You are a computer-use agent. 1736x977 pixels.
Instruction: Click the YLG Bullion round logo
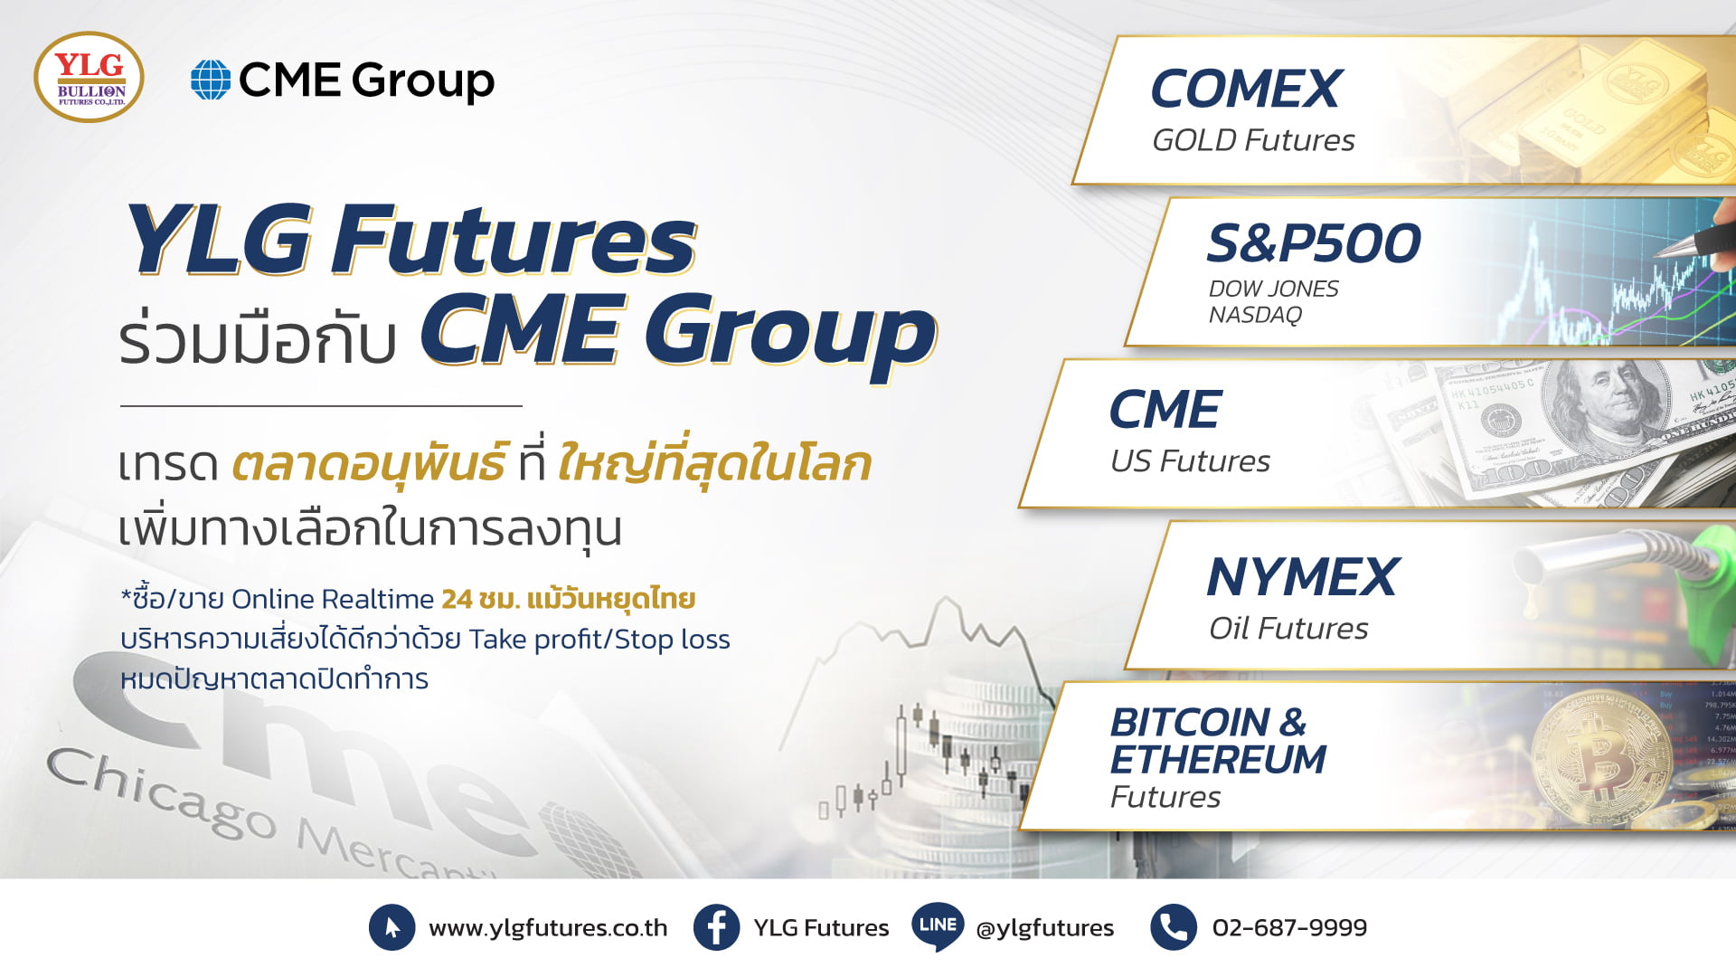click(89, 78)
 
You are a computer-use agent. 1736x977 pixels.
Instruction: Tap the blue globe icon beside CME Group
click(211, 80)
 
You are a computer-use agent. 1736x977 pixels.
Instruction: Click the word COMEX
click(1246, 89)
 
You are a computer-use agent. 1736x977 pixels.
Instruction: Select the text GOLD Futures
click(1253, 140)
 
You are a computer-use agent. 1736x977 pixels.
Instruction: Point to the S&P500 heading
click(1314, 243)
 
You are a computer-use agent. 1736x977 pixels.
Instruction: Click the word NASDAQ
click(1255, 315)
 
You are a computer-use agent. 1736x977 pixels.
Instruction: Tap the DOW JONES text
click(1273, 289)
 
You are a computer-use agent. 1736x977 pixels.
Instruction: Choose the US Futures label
click(1190, 461)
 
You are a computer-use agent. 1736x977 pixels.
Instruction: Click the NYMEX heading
click(1303, 577)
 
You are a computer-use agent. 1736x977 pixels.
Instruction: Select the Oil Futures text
click(1288, 629)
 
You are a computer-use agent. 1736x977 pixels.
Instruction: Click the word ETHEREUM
click(1218, 760)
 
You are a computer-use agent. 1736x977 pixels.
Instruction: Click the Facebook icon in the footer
click(717, 927)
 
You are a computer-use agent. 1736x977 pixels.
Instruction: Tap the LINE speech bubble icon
click(938, 925)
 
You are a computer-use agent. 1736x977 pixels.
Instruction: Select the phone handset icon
click(1174, 927)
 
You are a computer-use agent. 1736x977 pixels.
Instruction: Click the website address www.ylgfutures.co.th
click(548, 928)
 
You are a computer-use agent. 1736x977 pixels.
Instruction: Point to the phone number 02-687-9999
click(1289, 928)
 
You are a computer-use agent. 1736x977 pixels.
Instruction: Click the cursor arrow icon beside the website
click(392, 927)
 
